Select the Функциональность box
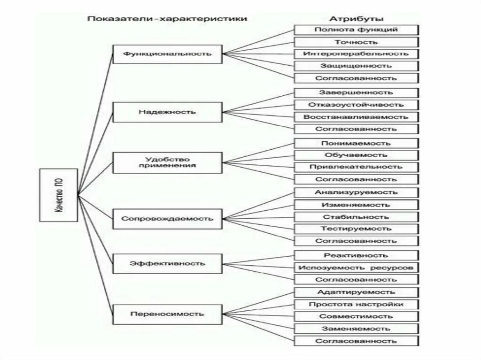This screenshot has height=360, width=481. pyautogui.click(x=167, y=54)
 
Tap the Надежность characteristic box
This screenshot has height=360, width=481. pyautogui.click(x=167, y=112)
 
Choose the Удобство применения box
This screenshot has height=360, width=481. pyautogui.click(x=167, y=162)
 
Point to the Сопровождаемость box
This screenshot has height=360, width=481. pyautogui.click(x=167, y=219)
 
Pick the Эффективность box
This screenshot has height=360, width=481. pyautogui.click(x=167, y=263)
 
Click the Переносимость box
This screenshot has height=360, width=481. pyautogui.click(x=167, y=314)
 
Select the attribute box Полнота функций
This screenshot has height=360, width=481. pyautogui.click(x=356, y=30)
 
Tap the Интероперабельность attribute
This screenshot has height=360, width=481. pyautogui.click(x=356, y=54)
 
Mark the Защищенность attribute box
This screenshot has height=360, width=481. pyautogui.click(x=356, y=66)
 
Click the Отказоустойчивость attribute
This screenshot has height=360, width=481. pyautogui.click(x=356, y=105)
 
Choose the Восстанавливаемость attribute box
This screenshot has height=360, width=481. pyautogui.click(x=356, y=117)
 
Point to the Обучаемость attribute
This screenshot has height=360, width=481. pyautogui.click(x=356, y=155)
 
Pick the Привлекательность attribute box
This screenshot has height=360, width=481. pyautogui.click(x=356, y=167)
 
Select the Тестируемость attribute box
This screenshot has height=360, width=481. pyautogui.click(x=356, y=229)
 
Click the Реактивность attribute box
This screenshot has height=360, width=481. pyautogui.click(x=356, y=255)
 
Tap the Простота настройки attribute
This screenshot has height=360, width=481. pyautogui.click(x=356, y=304)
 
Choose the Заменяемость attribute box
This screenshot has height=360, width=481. pyautogui.click(x=356, y=329)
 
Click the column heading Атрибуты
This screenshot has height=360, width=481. pyautogui.click(x=356, y=19)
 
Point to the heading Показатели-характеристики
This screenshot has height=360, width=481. pyautogui.click(x=167, y=19)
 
